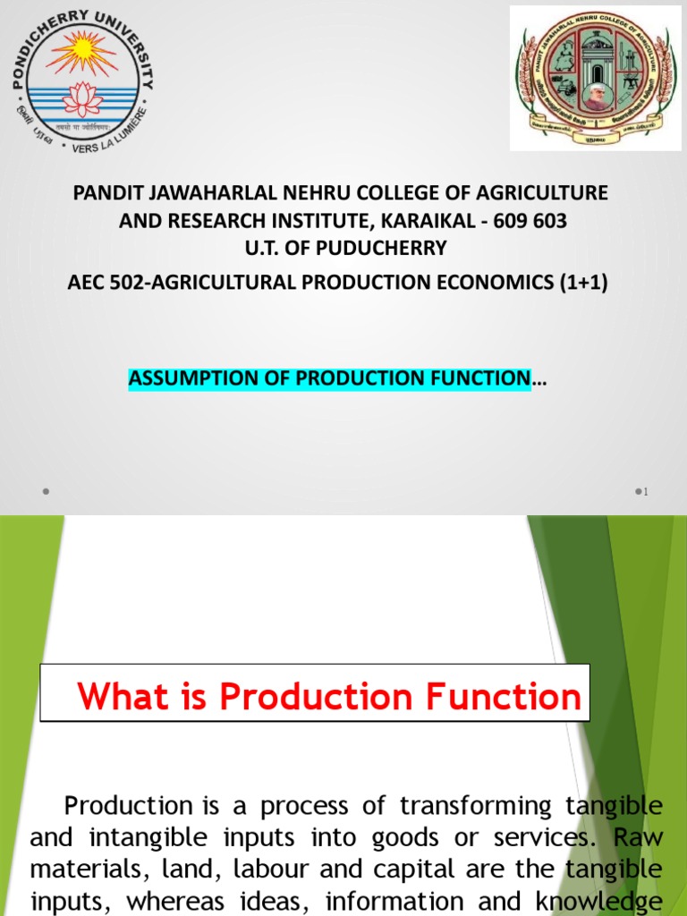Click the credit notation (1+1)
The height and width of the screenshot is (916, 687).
[581, 284]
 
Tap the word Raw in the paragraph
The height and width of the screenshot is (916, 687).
[642, 838]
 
